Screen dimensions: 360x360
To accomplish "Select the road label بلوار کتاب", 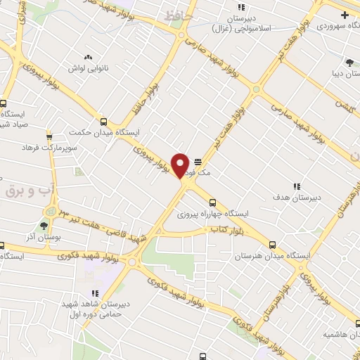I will (221, 230).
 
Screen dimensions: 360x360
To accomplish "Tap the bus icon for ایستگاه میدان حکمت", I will (104, 122).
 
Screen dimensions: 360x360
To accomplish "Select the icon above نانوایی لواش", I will (88, 58).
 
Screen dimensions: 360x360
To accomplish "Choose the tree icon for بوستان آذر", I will (44, 225).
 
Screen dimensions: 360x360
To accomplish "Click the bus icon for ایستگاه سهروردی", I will (344, 14).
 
